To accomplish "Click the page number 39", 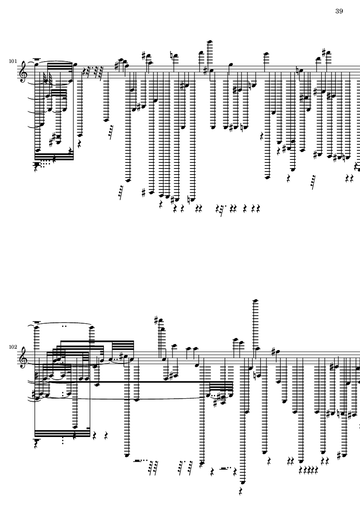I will tap(339, 11).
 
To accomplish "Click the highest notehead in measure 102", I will tap(256, 300).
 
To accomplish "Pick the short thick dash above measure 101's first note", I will tap(37, 59).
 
